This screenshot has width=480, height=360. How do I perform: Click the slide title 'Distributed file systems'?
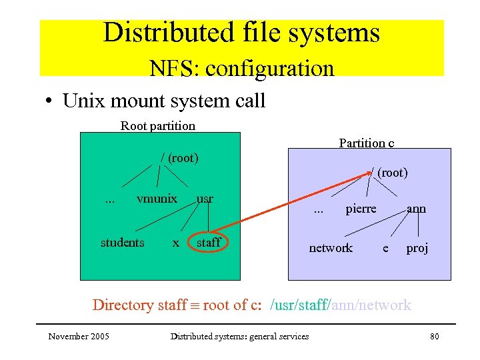click(241, 33)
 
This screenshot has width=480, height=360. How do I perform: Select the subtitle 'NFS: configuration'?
click(241, 68)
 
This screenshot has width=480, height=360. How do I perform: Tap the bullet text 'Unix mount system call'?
click(163, 101)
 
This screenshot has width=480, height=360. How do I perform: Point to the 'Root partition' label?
click(158, 125)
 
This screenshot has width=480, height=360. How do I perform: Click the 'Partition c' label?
click(366, 143)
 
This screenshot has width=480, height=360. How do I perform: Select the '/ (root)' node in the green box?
click(180, 158)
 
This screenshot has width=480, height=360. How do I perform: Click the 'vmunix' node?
click(157, 199)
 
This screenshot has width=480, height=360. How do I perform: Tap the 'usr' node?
click(205, 199)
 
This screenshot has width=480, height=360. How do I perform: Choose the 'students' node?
click(122, 243)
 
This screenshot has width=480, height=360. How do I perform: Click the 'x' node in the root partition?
click(175, 243)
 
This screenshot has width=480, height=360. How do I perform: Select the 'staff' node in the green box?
click(208, 243)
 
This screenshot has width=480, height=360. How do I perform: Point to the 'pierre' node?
click(361, 209)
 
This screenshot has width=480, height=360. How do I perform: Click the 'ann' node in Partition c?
click(416, 209)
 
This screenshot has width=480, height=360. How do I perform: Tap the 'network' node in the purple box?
click(331, 248)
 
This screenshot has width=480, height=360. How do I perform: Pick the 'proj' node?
click(417, 248)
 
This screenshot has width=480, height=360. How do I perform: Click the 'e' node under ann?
click(385, 248)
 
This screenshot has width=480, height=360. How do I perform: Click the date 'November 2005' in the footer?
click(79, 336)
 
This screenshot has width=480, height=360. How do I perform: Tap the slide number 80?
click(434, 336)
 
